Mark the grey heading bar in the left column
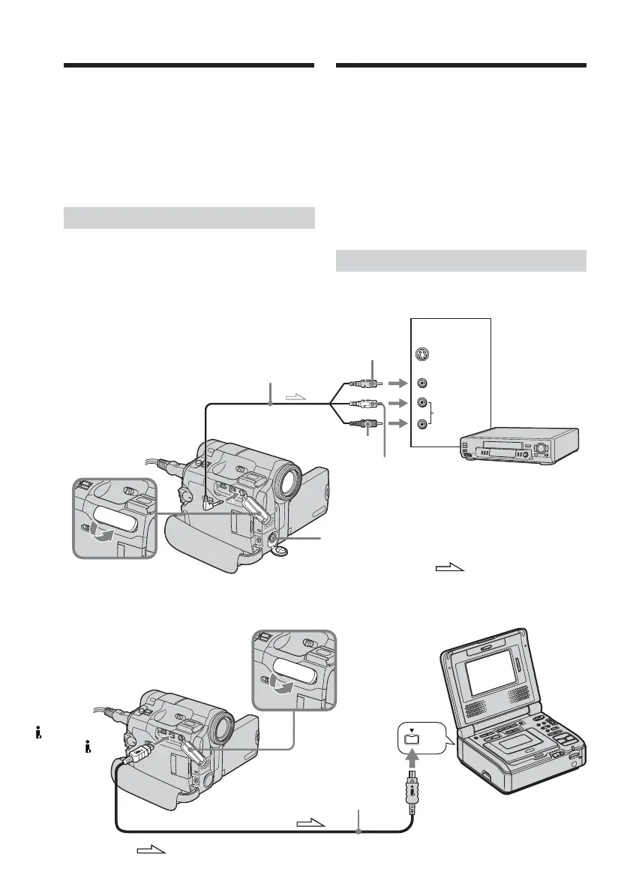click(x=188, y=218)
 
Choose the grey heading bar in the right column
click(x=460, y=260)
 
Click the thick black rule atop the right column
click(x=460, y=66)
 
